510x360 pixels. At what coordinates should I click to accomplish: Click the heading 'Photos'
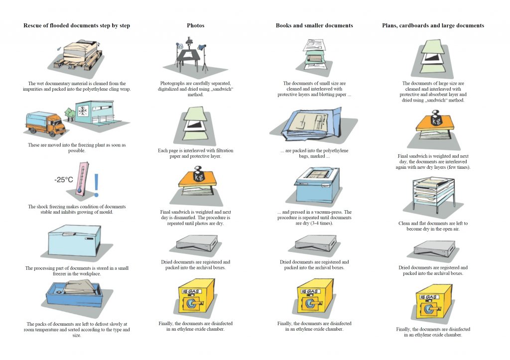[x=195, y=25]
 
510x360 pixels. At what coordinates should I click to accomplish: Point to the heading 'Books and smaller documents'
[x=314, y=25]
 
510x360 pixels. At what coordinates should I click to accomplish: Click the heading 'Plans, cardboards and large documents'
[x=433, y=25]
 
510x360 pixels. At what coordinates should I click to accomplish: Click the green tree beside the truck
[x=69, y=115]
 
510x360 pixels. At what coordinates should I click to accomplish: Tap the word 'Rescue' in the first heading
[x=33, y=25]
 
